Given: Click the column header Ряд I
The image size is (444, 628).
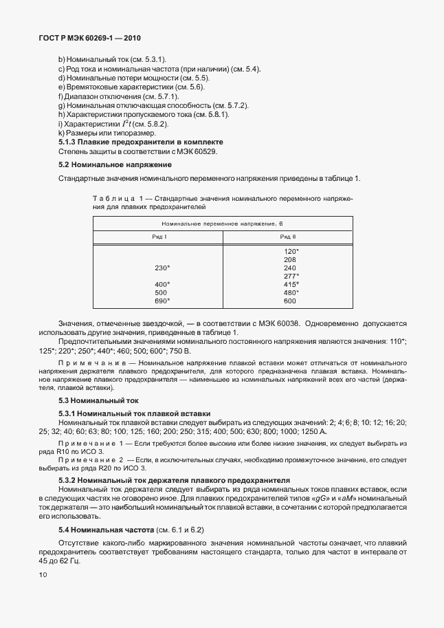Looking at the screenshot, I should [159, 236].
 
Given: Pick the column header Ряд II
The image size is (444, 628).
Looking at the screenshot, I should [289, 236].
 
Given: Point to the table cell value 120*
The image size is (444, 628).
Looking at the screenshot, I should [291, 251].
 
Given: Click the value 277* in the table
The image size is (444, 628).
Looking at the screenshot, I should [291, 276].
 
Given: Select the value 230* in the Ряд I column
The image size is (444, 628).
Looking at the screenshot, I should [162, 268].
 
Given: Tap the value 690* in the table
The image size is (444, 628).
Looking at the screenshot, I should [162, 301].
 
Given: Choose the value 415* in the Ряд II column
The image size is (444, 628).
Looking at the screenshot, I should [291, 284].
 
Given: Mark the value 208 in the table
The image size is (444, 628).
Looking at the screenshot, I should [289, 259].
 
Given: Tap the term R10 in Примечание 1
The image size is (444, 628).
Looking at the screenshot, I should [67, 451].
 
